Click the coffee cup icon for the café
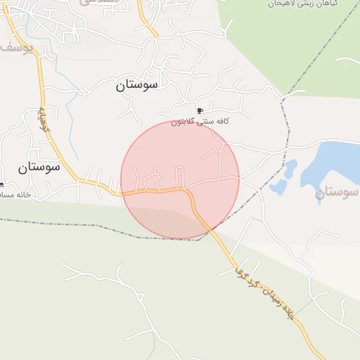coord(200,111)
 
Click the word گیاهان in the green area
coord(345,4)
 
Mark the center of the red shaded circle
coord(180,179)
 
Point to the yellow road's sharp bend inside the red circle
coord(188,191)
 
